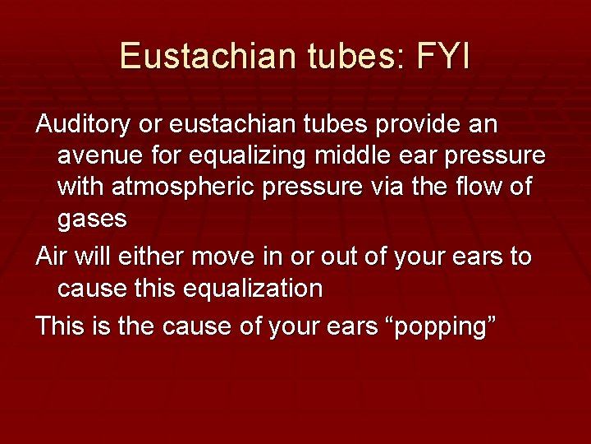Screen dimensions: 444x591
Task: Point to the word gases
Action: (92, 219)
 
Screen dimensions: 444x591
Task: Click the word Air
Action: (52, 257)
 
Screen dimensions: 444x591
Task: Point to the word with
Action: (83, 187)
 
